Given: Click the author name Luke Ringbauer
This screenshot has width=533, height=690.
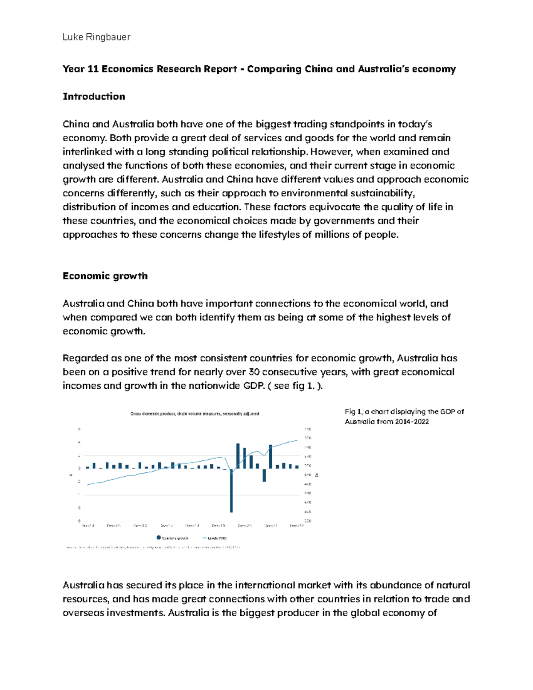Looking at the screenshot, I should click(96, 37).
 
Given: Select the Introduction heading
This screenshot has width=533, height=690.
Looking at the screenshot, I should click(94, 96).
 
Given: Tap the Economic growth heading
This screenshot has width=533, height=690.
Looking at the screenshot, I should click(105, 276).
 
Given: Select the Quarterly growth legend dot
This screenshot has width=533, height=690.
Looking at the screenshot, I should click(159, 538).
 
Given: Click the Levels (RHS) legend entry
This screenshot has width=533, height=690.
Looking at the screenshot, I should click(215, 538).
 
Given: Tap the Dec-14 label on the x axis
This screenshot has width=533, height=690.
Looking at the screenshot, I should click(88, 526).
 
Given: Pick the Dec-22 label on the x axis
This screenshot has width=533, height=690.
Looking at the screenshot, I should click(297, 526).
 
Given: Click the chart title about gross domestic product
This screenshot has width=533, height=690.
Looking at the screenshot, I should click(195, 414).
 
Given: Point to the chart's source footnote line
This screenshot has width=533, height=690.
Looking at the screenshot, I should click(153, 547).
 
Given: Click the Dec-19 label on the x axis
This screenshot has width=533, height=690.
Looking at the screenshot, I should click(219, 526).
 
